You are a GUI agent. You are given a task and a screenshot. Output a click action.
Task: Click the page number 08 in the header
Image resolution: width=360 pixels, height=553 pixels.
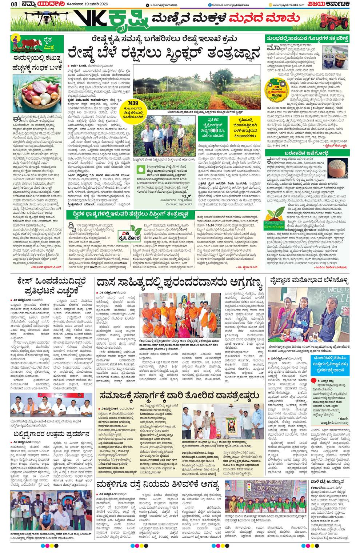tap(14, 4)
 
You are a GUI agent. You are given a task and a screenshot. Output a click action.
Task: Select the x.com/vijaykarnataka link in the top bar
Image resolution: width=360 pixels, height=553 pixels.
tap(159, 4)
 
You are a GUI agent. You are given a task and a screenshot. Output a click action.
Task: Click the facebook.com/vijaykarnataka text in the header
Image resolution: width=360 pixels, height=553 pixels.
tap(225, 4)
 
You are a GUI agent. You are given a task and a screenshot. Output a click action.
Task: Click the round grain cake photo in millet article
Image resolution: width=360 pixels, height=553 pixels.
tap(337, 167)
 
